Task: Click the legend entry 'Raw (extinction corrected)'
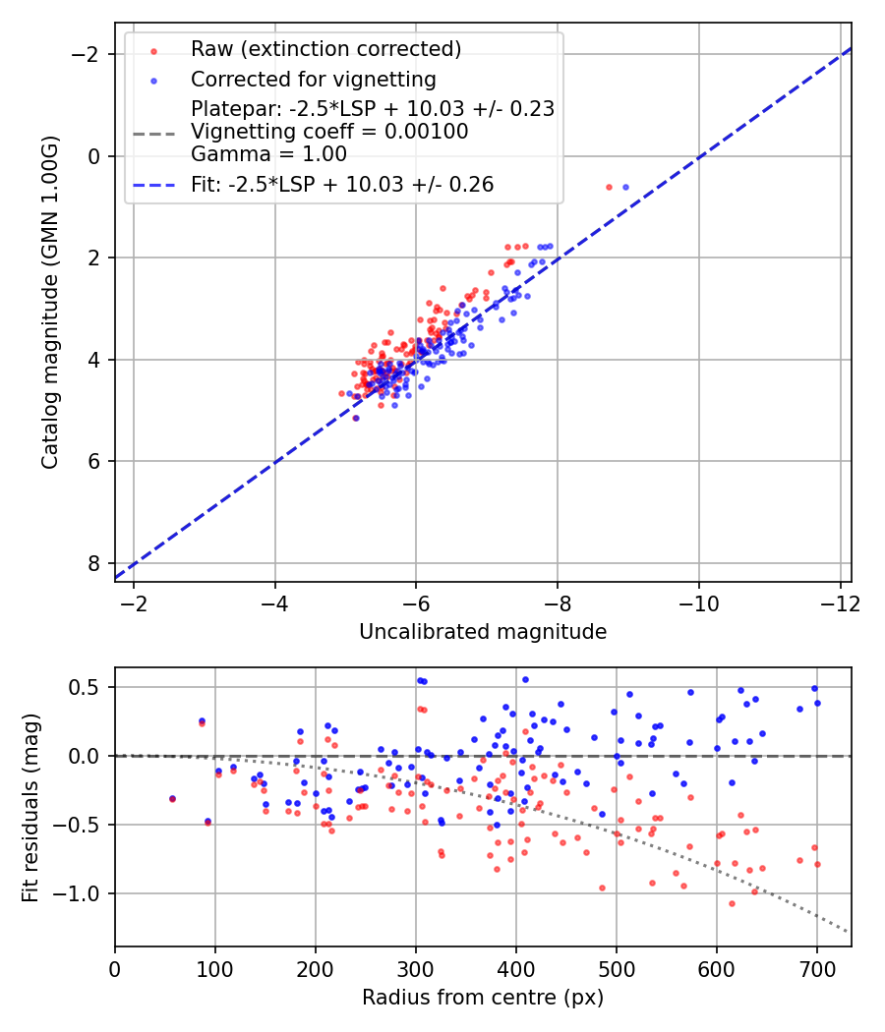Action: pyautogui.click(x=325, y=49)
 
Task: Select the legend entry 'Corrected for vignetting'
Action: pyautogui.click(x=313, y=79)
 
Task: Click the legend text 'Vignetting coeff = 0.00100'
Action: pyautogui.click(x=329, y=132)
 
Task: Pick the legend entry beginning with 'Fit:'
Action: pyautogui.click(x=342, y=184)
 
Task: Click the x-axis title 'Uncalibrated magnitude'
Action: pyautogui.click(x=483, y=632)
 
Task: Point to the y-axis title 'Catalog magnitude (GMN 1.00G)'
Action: pyautogui.click(x=51, y=302)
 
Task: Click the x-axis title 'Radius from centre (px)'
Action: pyautogui.click(x=483, y=998)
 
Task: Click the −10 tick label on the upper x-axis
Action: pyautogui.click(x=698, y=602)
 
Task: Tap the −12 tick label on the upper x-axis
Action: pyautogui.click(x=840, y=602)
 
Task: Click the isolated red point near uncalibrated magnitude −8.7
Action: pyautogui.click(x=609, y=187)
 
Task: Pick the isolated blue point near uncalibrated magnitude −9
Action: pyautogui.click(x=625, y=187)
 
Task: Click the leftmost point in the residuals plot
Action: pyautogui.click(x=172, y=799)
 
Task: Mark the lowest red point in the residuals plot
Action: pyautogui.click(x=732, y=903)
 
